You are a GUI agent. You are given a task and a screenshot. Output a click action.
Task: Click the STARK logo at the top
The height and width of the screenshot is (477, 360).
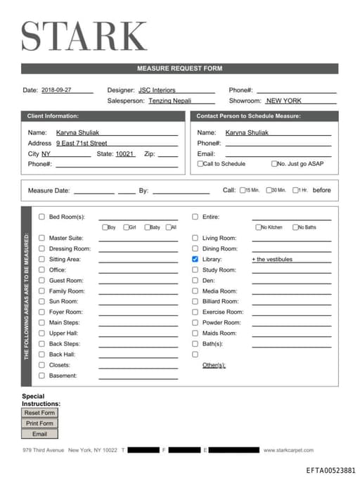(84, 36)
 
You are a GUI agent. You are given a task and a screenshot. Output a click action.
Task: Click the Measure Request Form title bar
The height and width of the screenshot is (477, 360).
(179, 68)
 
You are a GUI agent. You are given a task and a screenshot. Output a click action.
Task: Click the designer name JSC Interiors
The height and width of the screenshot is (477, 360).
(157, 90)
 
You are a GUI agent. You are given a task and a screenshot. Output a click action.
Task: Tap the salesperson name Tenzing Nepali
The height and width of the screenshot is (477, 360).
(170, 101)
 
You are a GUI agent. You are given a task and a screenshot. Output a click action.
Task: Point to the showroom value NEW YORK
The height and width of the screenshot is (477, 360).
(283, 101)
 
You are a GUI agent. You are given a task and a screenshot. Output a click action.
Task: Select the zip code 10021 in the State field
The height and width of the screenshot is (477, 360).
(124, 153)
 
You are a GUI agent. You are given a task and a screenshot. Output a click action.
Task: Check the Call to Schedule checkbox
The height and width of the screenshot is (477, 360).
(200, 164)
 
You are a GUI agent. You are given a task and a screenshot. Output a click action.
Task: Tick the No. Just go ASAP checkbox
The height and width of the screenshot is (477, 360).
(274, 164)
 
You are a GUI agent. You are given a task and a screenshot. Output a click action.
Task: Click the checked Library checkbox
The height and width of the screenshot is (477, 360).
(195, 259)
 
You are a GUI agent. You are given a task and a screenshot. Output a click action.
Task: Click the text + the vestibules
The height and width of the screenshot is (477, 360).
(272, 260)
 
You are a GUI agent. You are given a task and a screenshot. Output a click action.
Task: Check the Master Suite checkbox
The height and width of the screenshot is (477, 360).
(41, 238)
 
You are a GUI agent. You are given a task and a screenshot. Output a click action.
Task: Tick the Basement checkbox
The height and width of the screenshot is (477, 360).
(41, 375)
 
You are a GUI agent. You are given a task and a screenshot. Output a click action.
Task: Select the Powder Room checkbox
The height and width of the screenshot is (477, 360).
(195, 322)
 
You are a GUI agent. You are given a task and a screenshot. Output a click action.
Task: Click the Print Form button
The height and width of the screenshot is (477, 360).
(39, 424)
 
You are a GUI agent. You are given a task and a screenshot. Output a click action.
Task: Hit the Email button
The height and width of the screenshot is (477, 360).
(39, 434)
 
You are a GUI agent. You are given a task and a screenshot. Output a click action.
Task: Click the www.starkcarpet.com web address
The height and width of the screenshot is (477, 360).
(288, 450)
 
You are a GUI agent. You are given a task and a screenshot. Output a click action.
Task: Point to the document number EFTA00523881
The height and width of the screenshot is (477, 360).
(330, 470)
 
